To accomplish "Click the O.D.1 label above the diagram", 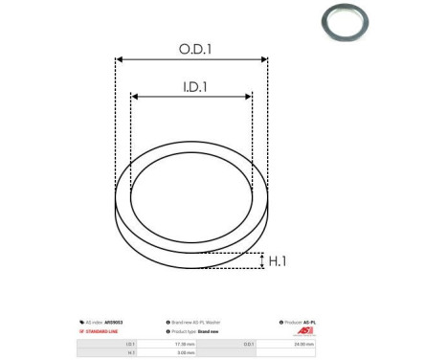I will point(191,47).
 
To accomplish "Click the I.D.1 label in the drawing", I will point(191,86).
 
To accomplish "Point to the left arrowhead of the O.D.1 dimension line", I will point(120,59).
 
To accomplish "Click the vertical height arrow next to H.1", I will point(261,260).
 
